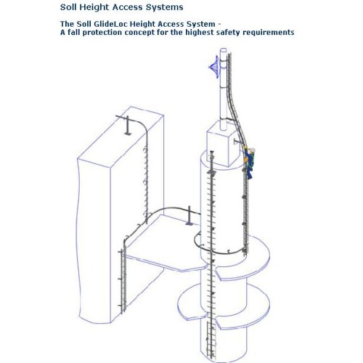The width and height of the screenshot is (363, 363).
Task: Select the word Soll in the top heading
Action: click(x=69, y=7)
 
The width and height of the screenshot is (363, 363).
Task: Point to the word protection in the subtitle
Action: click(x=102, y=32)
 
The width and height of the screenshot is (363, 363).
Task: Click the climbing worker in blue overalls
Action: click(x=249, y=162)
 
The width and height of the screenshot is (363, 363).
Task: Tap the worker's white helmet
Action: click(x=253, y=150)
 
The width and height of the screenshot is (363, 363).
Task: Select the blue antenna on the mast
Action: click(x=214, y=67)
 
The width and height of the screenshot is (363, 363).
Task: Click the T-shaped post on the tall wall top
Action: click(x=127, y=125)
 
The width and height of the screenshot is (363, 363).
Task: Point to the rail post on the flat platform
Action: click(x=189, y=216)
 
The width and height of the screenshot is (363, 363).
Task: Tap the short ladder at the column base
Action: click(x=211, y=340)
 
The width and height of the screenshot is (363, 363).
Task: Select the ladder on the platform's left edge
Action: click(x=123, y=281)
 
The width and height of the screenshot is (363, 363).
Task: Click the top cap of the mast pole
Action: click(x=224, y=50)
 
